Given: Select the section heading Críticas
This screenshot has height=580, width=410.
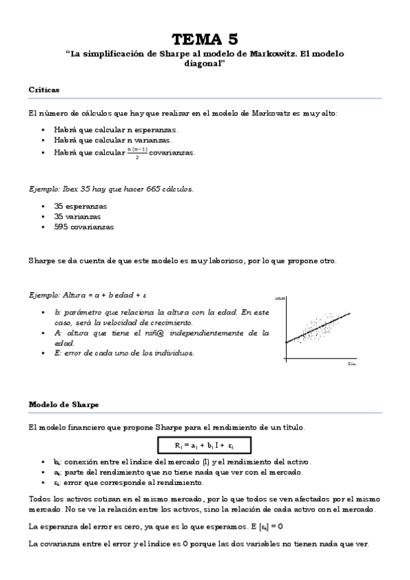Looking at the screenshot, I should pyautogui.click(x=44, y=90).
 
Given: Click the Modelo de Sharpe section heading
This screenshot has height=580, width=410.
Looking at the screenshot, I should pyautogui.click(x=64, y=404).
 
